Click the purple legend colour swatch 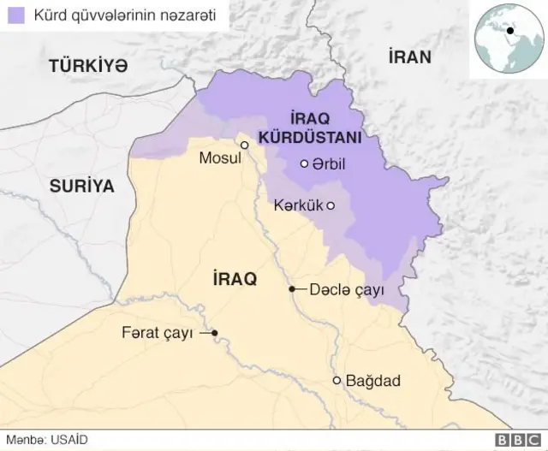click(15, 15)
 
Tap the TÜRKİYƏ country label click(88, 65)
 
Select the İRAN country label click(409, 57)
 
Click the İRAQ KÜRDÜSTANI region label click(322, 128)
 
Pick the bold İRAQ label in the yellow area click(234, 279)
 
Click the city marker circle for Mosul click(245, 145)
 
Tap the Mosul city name click(219, 158)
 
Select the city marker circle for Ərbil click(304, 164)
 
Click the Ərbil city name click(330, 164)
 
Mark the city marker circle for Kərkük click(331, 205)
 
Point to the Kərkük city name click(297, 205)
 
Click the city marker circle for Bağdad click(337, 381)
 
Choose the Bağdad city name click(372, 381)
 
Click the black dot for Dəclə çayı click(292, 289)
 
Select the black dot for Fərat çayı click(215, 333)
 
